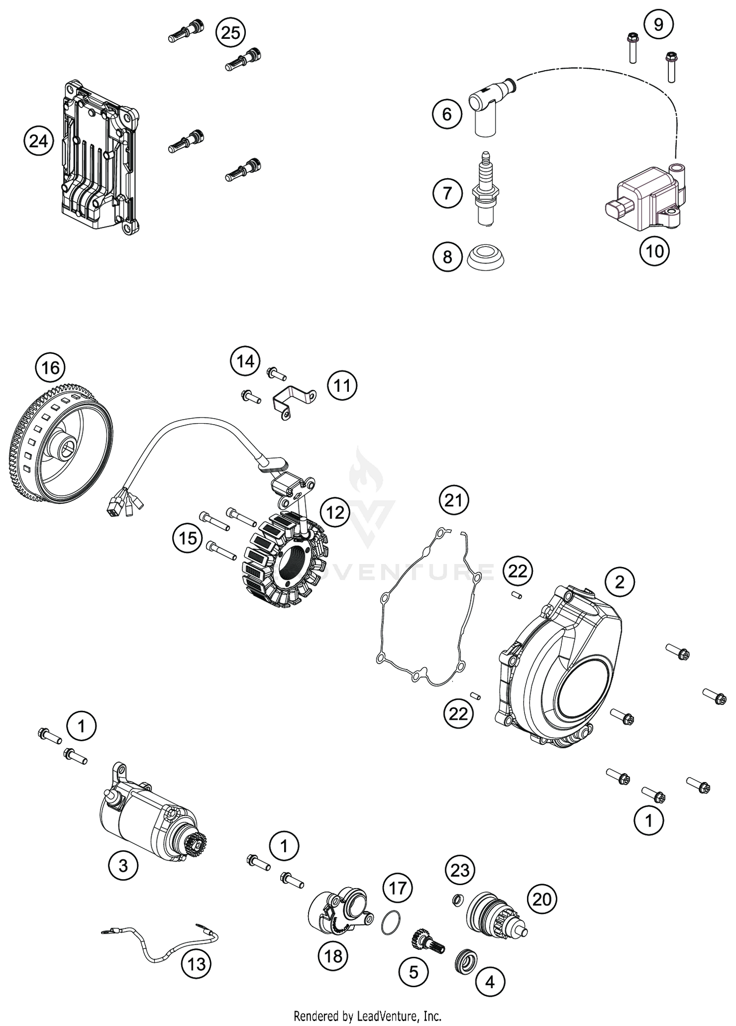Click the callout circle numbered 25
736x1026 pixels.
point(231,32)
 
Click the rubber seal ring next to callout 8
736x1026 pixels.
point(486,257)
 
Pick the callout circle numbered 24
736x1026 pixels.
point(39,141)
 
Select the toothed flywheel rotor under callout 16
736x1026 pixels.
point(61,449)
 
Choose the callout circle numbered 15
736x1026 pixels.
point(187,538)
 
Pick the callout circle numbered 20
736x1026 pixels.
point(542,899)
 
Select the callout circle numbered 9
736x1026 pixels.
point(658,24)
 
